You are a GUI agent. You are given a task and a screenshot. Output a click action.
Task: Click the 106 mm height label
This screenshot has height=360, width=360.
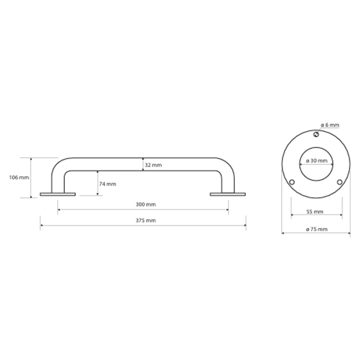tap(19, 178)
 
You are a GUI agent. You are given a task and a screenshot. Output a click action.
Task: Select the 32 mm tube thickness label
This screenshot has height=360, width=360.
tap(153, 165)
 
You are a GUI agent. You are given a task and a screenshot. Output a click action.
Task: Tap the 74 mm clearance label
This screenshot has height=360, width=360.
tap(108, 184)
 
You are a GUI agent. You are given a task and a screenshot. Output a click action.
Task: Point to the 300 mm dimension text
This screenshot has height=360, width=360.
tap(145, 204)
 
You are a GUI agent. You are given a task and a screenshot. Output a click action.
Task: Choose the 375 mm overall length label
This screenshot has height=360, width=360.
tap(145, 220)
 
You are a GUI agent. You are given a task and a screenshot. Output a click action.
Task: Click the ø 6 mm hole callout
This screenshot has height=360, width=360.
tap(330, 125)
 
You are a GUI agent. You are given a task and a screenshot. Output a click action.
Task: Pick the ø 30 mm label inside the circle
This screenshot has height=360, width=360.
tap(317, 161)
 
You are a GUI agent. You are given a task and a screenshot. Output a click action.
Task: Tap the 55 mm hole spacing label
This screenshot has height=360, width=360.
tap(315, 212)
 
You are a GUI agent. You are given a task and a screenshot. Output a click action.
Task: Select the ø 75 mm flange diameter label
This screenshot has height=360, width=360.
tap(317, 229)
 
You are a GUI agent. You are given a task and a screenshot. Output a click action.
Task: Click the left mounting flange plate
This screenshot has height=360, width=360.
tap(57, 195)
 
